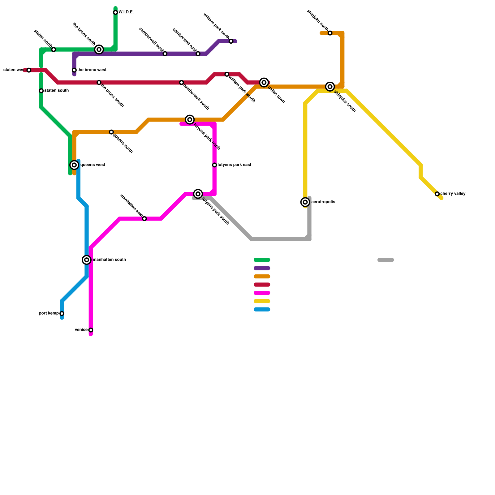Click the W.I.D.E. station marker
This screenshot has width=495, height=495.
115,12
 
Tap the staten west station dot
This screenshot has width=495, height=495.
29,70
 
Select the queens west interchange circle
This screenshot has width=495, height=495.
74,165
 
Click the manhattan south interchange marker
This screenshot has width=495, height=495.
87,260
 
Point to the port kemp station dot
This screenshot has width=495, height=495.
62,314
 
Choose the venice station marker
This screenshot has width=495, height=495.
91,330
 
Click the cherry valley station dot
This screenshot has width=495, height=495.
437,194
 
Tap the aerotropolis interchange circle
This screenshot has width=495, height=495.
305,202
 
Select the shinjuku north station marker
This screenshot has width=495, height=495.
330,33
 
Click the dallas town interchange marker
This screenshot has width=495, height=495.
264,82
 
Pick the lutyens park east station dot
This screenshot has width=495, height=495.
214,165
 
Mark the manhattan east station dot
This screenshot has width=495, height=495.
144,219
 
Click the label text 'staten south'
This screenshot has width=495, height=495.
56,91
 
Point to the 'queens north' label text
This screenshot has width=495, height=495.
123,143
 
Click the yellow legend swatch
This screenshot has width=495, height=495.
262,301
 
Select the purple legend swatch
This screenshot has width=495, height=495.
262,268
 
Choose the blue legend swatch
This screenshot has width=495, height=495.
262,309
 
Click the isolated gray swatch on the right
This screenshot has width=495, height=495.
385,260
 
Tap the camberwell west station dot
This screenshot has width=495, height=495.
165,54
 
